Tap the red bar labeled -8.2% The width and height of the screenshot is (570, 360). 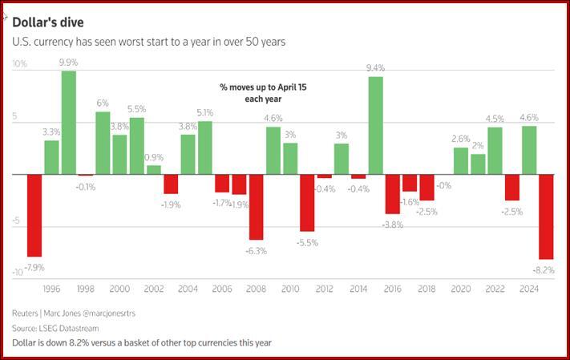click(547, 216)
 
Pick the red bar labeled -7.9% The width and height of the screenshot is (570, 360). click(34, 215)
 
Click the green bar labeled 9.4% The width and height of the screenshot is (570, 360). click(375, 125)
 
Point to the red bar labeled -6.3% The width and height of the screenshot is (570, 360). click(256, 207)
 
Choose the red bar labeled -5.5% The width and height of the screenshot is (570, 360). click(307, 203)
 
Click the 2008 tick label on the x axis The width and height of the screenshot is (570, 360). click(256, 289)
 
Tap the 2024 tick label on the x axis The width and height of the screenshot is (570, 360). click(529, 289)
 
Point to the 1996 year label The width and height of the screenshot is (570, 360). click(51, 289)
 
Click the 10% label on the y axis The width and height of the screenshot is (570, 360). click(20, 64)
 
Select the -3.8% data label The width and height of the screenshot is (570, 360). click(392, 224)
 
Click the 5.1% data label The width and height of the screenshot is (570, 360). click(204, 112)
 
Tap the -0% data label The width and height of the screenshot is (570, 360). click(443, 185)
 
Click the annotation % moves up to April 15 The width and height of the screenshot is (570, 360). click(263, 86)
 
